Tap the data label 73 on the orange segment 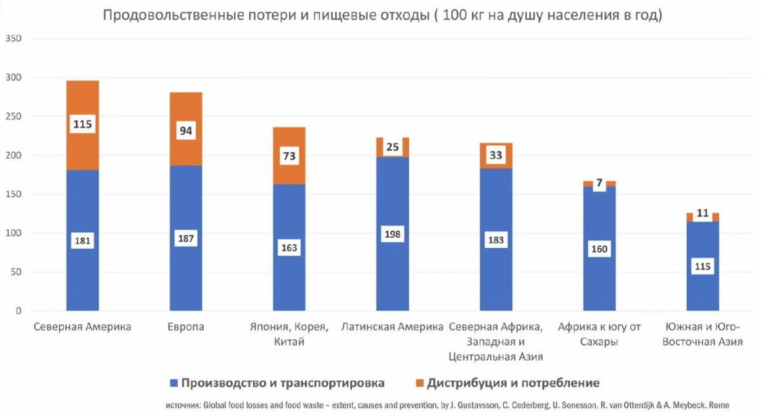(x=289, y=155)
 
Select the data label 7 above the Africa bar (x=599, y=183)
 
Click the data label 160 (x=599, y=249)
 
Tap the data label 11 (x=703, y=214)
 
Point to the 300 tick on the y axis (x=13, y=78)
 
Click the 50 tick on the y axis (x=16, y=273)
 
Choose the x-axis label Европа (x=186, y=328)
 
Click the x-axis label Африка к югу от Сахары (x=599, y=335)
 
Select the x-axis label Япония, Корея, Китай (x=289, y=335)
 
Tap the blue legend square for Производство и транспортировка (x=173, y=383)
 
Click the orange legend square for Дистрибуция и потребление (x=419, y=383)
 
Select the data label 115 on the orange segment (x=82, y=124)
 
